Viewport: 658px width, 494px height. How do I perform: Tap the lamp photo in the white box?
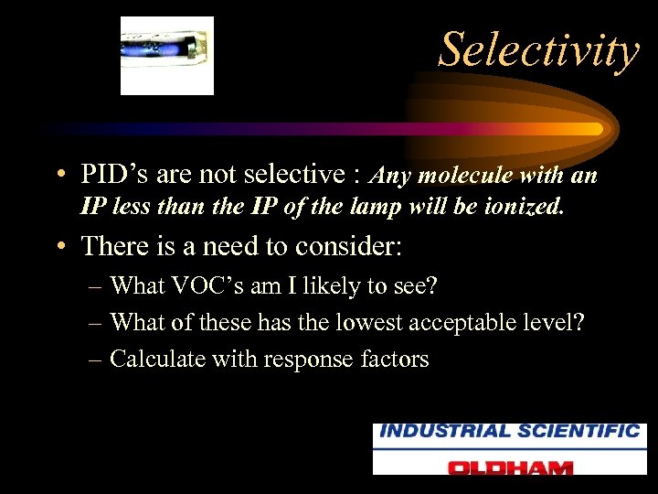click(x=167, y=56)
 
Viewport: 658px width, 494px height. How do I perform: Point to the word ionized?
click(x=520, y=207)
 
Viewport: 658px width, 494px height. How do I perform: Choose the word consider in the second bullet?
click(x=366, y=246)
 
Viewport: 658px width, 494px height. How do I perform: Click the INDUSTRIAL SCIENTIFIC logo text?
click(x=510, y=431)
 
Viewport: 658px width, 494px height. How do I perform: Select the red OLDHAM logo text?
click(x=510, y=467)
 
